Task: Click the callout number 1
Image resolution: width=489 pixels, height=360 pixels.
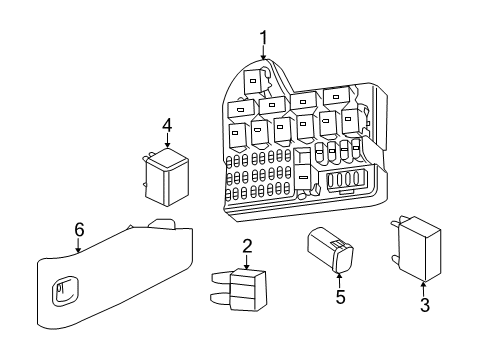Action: click(x=263, y=38)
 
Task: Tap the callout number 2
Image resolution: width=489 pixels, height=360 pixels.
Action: click(x=247, y=246)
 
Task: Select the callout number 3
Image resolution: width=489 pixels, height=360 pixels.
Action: click(x=425, y=305)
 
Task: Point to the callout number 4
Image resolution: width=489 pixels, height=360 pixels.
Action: click(x=167, y=126)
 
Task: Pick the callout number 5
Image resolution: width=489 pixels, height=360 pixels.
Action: click(x=340, y=297)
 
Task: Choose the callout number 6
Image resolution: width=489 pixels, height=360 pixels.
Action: click(x=79, y=230)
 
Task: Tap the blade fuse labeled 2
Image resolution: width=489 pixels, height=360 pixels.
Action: click(x=239, y=290)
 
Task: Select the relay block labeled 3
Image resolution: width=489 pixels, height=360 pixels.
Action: click(x=416, y=249)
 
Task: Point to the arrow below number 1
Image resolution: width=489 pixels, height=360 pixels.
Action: click(x=263, y=53)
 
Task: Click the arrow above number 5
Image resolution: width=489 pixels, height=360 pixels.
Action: click(x=339, y=281)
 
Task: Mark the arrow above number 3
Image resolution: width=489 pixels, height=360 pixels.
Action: click(x=424, y=289)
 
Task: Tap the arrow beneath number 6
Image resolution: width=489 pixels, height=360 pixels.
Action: click(x=78, y=245)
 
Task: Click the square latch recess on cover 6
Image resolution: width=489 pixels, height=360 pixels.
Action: click(x=65, y=291)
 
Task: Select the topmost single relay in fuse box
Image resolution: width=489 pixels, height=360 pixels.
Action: click(x=255, y=80)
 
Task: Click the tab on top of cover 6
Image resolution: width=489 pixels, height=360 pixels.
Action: click(x=162, y=224)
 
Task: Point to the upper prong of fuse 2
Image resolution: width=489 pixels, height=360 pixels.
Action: click(x=221, y=278)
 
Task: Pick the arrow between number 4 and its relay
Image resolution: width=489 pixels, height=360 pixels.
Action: click(x=167, y=141)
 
